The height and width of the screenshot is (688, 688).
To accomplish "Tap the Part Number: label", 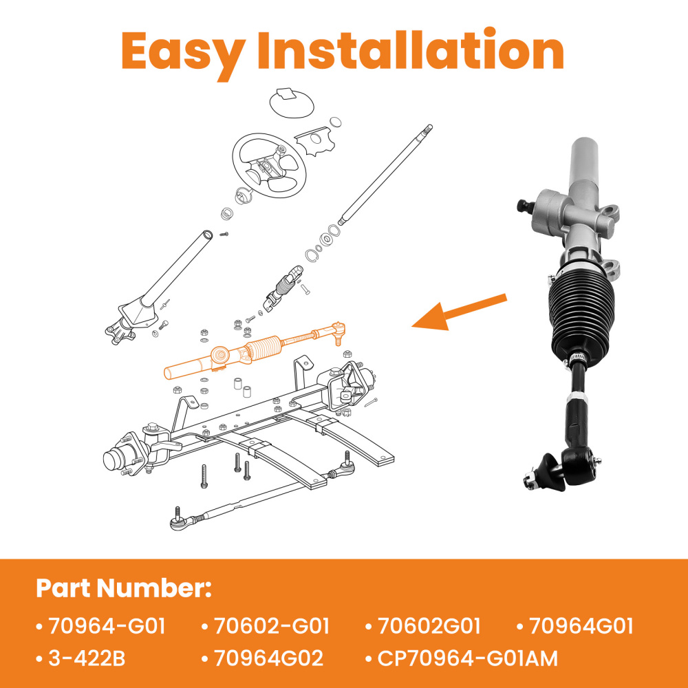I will click(x=124, y=589).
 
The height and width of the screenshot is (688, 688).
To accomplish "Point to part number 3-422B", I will click(x=86, y=658).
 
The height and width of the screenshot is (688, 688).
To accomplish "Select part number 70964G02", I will click(x=268, y=658).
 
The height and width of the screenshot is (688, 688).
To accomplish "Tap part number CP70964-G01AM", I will click(x=468, y=658).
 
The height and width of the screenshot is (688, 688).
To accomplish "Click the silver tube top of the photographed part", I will click(x=583, y=165).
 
